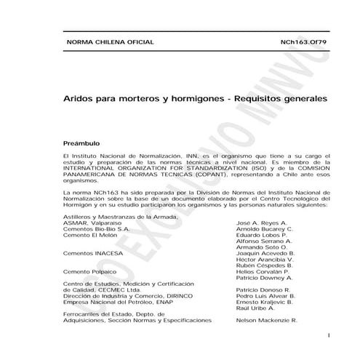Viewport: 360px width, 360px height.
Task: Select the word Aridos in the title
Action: (81, 97)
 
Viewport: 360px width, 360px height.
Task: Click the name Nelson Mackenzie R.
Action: (267, 320)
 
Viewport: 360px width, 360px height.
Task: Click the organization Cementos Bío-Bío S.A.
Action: (97, 229)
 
